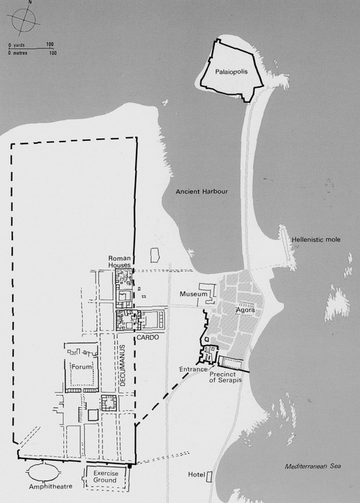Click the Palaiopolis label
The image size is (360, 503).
[x=231, y=72]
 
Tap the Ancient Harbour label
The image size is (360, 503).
[x=201, y=192]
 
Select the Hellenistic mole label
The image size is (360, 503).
[x=316, y=239]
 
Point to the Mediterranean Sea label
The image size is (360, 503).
[x=313, y=466]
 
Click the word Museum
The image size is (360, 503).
[x=193, y=294]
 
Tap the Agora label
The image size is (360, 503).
[x=245, y=310]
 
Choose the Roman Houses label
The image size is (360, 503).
[x=119, y=262]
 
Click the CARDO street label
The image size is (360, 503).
[x=147, y=338]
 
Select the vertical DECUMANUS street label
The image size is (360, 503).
[x=123, y=365]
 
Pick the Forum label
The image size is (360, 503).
[x=81, y=366]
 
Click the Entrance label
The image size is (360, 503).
[x=193, y=369]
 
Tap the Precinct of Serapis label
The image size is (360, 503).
[x=226, y=377]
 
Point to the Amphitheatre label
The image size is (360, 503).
[x=51, y=486]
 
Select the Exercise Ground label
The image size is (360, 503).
[x=106, y=476]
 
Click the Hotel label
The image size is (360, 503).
[x=196, y=474]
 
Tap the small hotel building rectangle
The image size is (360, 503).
[x=209, y=476]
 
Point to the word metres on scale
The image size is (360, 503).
[x=20, y=53]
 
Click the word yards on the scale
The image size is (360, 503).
[x=19, y=45]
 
